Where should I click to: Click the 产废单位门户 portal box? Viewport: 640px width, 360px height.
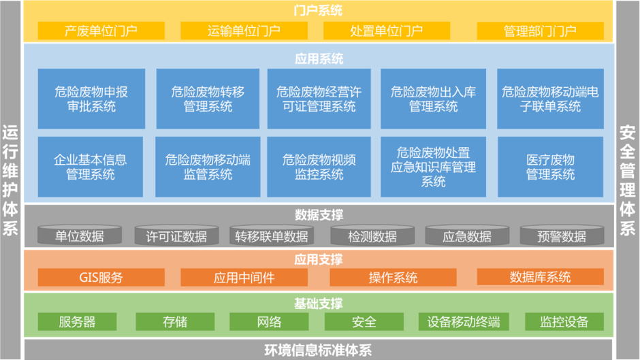101,31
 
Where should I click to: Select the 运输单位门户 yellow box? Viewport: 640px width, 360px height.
244,31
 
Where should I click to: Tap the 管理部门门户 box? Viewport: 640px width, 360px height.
540,31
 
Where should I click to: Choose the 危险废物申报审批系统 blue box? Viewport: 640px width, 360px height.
91,99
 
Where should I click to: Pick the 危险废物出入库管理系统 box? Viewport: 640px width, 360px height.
433,99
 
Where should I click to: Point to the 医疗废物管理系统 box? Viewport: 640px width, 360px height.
550,167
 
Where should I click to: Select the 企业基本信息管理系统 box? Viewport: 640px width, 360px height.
91,167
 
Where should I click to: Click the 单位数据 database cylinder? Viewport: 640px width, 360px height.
80,236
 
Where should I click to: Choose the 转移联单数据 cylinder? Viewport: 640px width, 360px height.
271,236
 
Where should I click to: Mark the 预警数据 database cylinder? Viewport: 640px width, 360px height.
562,236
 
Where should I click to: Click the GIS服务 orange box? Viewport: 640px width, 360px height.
101,278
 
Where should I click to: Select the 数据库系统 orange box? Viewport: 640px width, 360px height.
540,278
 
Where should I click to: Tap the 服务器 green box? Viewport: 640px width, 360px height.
77,322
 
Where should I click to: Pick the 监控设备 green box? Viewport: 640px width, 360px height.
564,322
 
